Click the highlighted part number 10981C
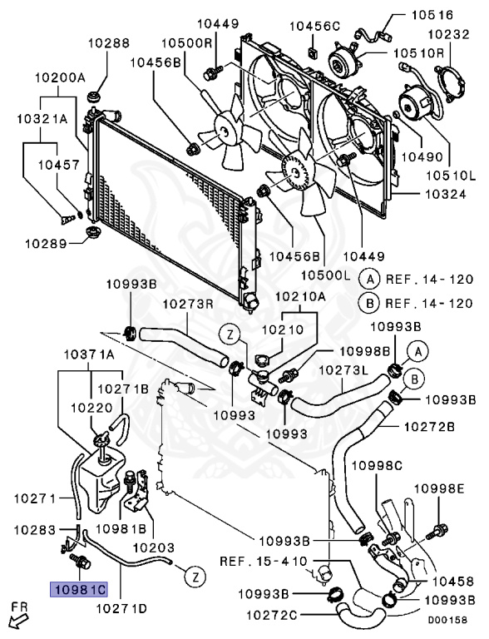[79, 589]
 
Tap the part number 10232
[448, 34]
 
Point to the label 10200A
[60, 77]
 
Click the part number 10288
[109, 43]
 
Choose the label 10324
[446, 194]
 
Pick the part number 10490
[422, 156]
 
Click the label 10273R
[188, 304]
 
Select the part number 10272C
[271, 615]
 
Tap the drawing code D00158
[447, 620]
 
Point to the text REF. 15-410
[264, 562]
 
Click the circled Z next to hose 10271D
[195, 577]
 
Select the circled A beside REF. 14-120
[369, 280]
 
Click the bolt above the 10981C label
[81, 561]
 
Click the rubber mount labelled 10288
[95, 98]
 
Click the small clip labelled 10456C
[313, 52]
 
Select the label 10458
[454, 581]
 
